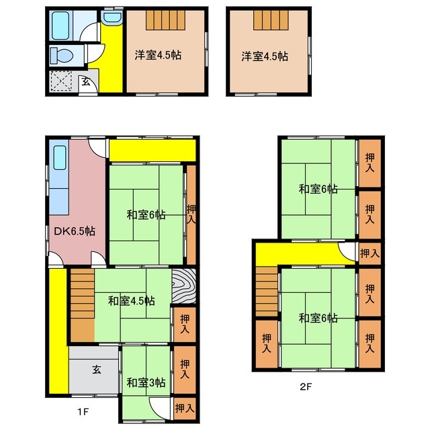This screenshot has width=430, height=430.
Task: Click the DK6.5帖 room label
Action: tap(75, 231)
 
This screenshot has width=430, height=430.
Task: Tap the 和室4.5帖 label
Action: tap(132, 301)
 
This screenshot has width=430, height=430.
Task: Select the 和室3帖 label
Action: tap(146, 382)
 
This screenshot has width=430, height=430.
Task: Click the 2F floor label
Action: tap(306, 387)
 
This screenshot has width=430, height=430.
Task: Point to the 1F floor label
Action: tap(83, 412)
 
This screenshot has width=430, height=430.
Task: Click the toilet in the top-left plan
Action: tap(62, 56)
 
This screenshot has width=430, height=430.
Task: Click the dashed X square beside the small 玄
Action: tap(61, 81)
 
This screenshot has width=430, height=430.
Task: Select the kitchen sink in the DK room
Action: tap(60, 157)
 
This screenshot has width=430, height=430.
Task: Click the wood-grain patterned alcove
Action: tap(183, 286)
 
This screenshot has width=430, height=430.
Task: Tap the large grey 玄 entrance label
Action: tap(96, 370)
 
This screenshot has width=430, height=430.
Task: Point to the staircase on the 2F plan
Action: tap(267, 292)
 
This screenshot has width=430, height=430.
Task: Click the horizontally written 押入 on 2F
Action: tap(370, 253)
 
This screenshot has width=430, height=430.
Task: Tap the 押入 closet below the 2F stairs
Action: tap(267, 343)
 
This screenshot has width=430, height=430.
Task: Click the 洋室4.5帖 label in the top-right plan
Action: tap(265, 56)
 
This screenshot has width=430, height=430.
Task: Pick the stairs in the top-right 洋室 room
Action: tap(271, 20)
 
